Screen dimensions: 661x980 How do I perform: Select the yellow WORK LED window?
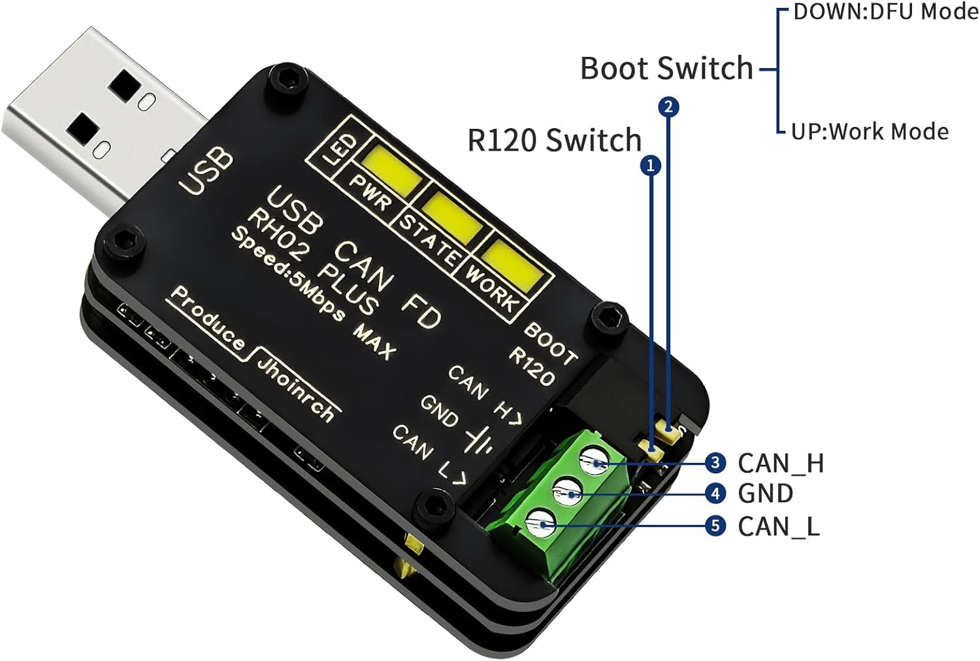click(514, 264)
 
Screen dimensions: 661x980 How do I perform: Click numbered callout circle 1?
click(650, 166)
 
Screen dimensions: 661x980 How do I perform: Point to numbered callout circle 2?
click(668, 107)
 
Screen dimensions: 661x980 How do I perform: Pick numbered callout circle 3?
click(715, 463)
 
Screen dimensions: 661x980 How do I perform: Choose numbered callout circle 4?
click(715, 494)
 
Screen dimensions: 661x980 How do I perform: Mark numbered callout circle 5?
click(715, 526)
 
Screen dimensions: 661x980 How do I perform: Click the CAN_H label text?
click(781, 464)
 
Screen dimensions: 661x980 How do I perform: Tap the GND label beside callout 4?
click(765, 494)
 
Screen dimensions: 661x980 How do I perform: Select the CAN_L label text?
click(778, 526)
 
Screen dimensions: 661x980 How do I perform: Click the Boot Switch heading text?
click(666, 68)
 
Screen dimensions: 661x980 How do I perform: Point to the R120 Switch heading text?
click(555, 140)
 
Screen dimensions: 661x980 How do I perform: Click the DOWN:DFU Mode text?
click(885, 12)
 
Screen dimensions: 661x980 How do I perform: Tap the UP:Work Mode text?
click(870, 131)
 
